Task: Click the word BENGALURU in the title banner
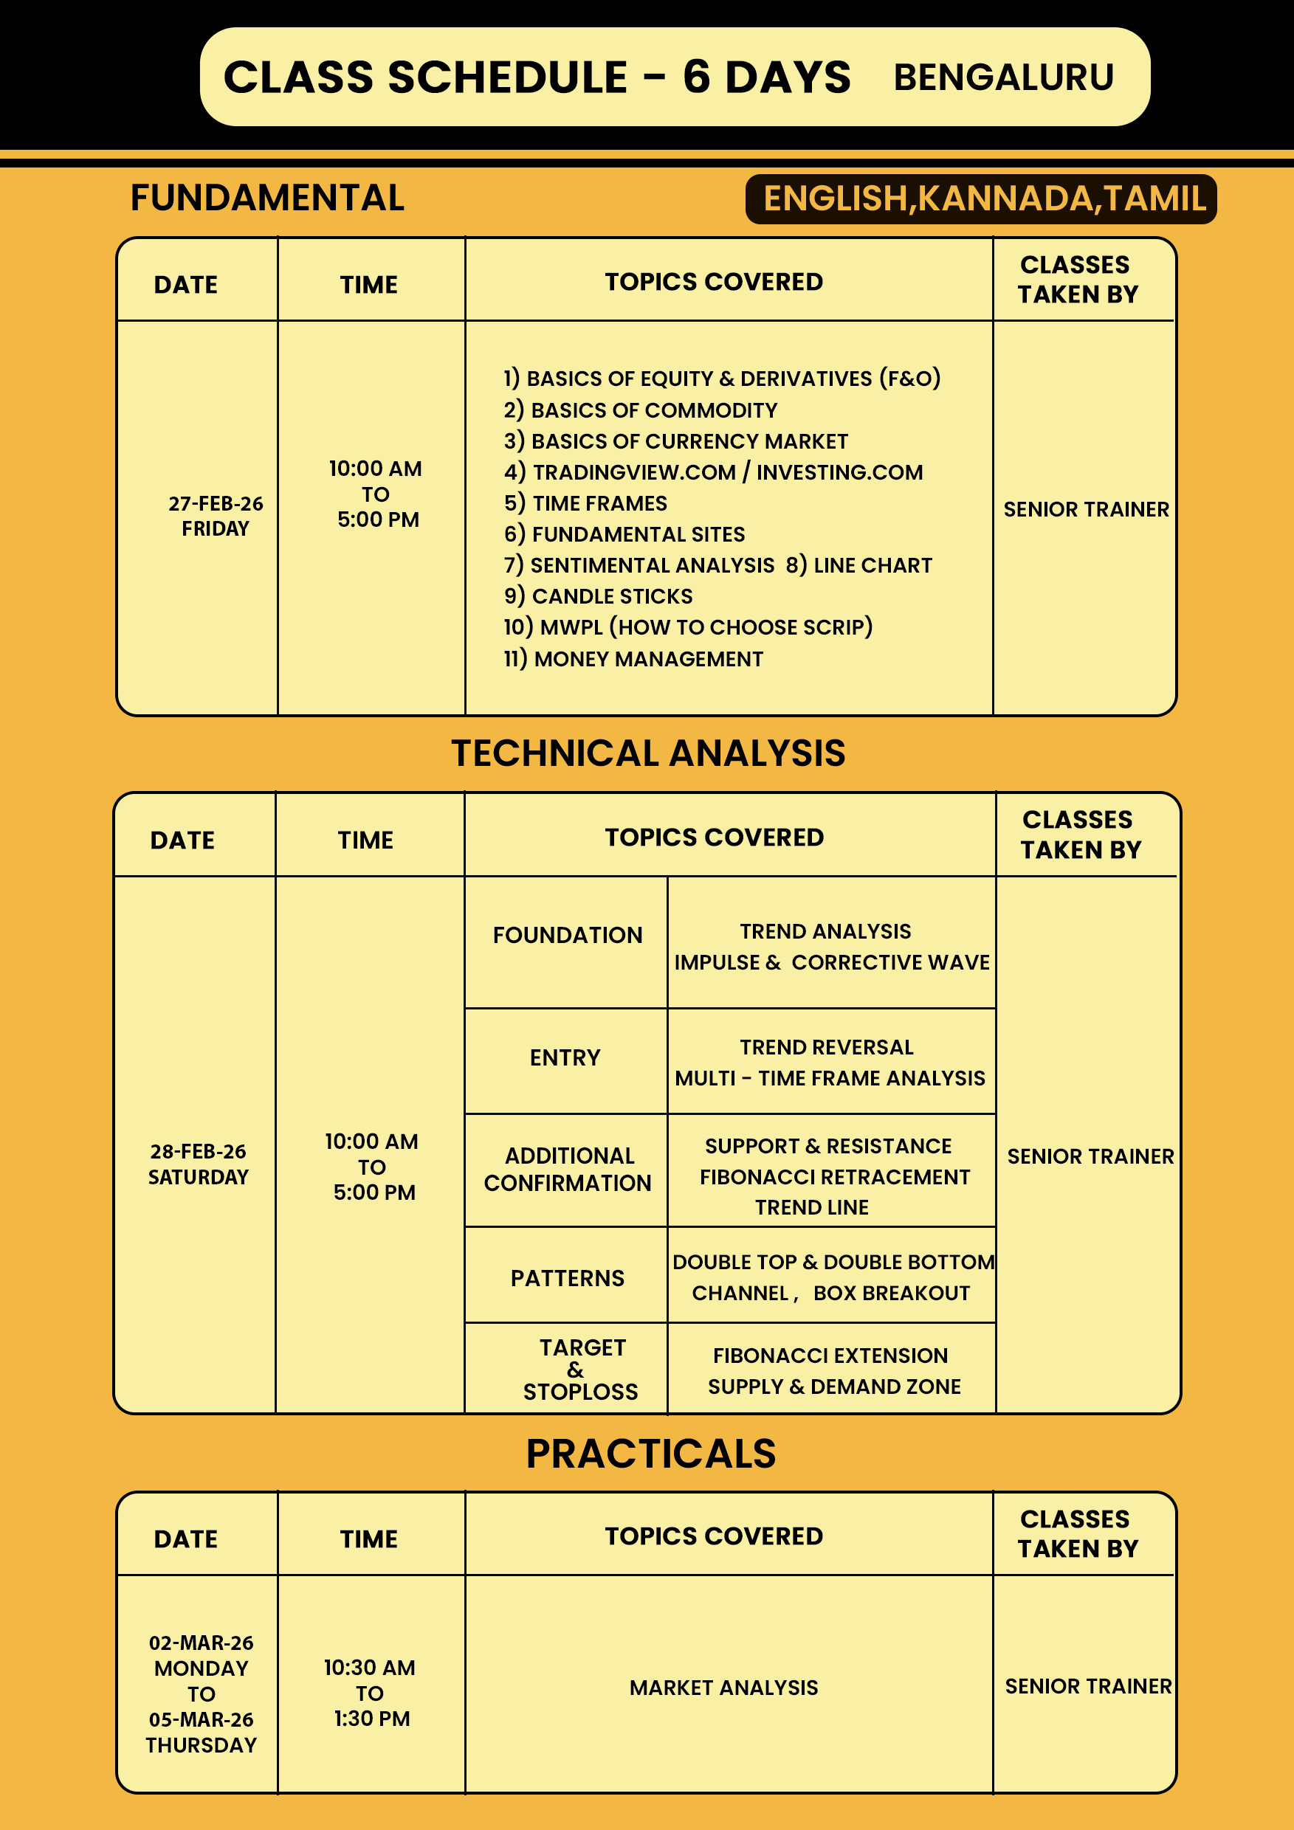tap(1003, 77)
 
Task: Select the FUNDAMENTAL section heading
tap(267, 198)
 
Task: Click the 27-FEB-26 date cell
tap(216, 504)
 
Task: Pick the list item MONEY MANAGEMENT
tap(634, 659)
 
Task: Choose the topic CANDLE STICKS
tap(598, 596)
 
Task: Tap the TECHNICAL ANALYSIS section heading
tap(648, 753)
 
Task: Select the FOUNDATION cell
tap(567, 935)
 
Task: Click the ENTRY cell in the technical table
tap(565, 1057)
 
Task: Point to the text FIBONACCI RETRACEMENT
tap(835, 1177)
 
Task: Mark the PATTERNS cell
tap(567, 1279)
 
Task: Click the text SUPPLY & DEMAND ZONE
tap(834, 1387)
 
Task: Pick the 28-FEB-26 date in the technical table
tap(198, 1152)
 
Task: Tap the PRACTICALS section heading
tap(650, 1454)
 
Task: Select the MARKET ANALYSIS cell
tap(723, 1688)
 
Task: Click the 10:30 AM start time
tap(369, 1668)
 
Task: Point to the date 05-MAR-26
tap(201, 1720)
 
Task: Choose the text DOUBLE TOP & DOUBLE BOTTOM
tap(833, 1263)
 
